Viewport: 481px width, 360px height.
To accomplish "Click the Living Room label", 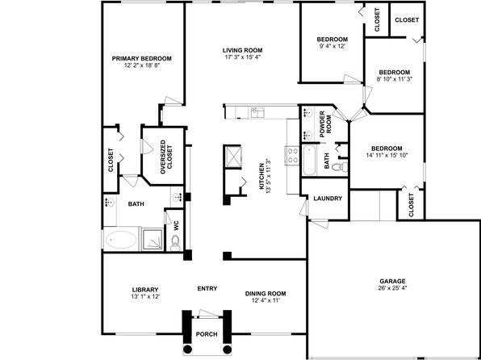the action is pos(242,50).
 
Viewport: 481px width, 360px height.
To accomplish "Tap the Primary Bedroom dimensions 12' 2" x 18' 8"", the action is pos(142,65).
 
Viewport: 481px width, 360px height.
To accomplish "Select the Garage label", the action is pos(392,281).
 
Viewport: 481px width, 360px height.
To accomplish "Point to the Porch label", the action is pos(207,334).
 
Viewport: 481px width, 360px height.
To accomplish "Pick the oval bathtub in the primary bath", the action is pos(120,240).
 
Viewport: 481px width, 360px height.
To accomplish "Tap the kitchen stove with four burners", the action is pos(292,155).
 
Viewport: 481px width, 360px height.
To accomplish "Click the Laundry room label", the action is pos(328,199).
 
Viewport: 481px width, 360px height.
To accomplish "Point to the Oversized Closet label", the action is pos(166,157).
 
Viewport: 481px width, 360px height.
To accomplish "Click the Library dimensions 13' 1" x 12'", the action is pos(145,296).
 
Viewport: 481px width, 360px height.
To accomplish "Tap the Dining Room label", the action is pos(266,294).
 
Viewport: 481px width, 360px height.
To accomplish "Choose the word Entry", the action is pos(207,288).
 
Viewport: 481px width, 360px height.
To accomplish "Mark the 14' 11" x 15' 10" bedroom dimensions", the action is pos(387,155).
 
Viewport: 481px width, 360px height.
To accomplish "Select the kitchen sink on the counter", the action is pos(258,113).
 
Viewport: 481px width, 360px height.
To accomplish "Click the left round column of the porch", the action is pos(187,350).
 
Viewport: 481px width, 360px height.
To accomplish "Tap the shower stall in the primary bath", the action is pos(153,238).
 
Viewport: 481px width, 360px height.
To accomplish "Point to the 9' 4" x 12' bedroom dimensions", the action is pos(333,46).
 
